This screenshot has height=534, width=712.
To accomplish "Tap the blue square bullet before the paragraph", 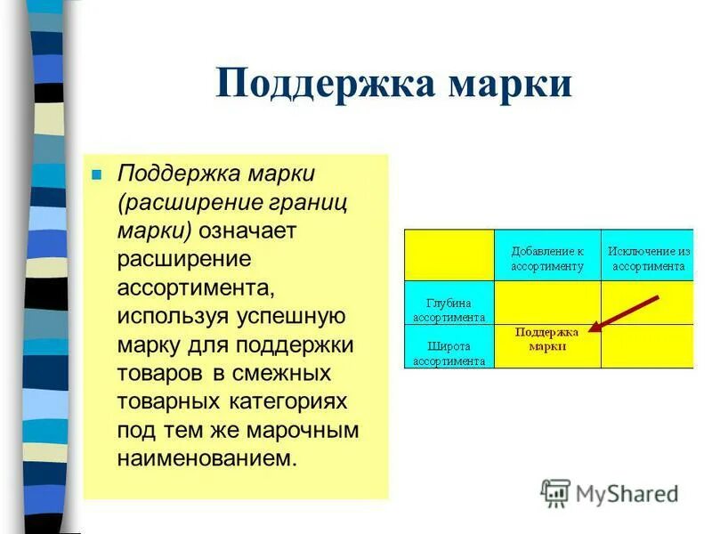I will pyautogui.click(x=98, y=173).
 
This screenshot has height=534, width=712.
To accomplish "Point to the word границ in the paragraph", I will pyautogui.click(x=307, y=201).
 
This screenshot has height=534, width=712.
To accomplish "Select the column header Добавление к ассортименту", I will pyautogui.click(x=547, y=258).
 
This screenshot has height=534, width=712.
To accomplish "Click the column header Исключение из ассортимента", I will pyautogui.click(x=647, y=258).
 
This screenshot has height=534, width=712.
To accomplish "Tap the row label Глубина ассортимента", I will pyautogui.click(x=449, y=310).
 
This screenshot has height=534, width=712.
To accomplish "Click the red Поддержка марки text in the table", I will pyautogui.click(x=546, y=338).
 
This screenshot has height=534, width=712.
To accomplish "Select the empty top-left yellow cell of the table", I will pyautogui.click(x=449, y=255).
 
